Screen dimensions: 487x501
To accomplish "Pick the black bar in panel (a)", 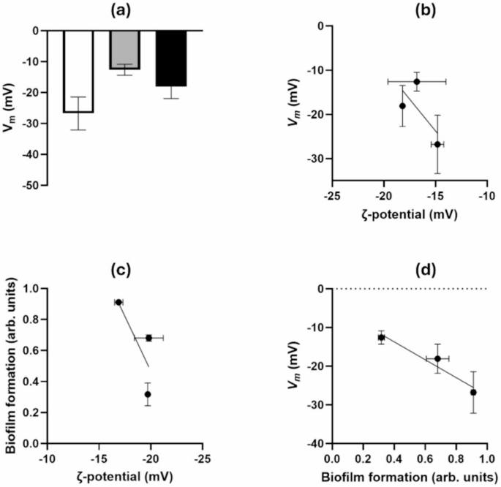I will coord(171,58).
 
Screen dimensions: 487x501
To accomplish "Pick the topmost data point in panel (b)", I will coord(417,82).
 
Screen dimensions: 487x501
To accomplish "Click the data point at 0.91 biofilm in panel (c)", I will coord(118,302).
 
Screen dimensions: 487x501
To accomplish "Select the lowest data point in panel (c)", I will coord(148,394).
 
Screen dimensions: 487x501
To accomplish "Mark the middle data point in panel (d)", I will coord(437,358).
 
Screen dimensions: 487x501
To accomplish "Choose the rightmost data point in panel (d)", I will coord(473,392).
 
